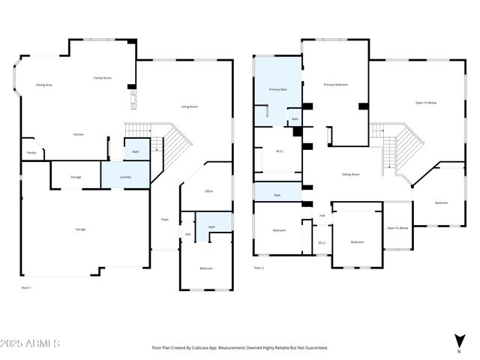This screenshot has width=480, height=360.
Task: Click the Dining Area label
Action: tap(44, 85)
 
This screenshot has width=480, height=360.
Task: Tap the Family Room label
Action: tap(103, 78)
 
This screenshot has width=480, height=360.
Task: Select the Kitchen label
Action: tap(78, 134)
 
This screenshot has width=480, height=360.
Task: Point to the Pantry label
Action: tap(31, 152)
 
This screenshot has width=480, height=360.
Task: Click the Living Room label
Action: tap(189, 106)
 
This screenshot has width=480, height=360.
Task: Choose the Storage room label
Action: tap(76, 177)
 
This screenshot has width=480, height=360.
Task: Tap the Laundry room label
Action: tap(125, 177)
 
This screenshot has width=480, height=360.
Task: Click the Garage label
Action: tap(80, 229)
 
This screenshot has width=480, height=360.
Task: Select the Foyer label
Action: tap(164, 219)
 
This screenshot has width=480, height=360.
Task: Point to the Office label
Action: tap(208, 191)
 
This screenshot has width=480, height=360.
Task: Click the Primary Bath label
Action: tap(278, 89)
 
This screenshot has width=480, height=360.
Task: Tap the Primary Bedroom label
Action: tap(335, 85)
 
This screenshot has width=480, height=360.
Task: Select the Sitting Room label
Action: tap(351, 174)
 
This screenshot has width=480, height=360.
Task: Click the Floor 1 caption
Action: tap(26, 287)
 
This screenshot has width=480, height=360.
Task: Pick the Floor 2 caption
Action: tap(259, 268)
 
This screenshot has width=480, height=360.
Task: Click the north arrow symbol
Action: tap(458, 341)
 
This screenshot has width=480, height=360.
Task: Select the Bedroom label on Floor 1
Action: tap(206, 268)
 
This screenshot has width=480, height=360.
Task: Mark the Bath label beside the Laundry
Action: tap(136, 151)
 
